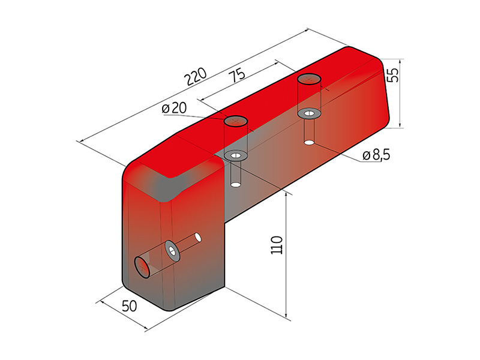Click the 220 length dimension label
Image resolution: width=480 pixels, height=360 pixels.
coord(197,77)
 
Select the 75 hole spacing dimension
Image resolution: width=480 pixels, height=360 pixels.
coord(237,75)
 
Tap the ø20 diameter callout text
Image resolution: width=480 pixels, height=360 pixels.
coord(174,108)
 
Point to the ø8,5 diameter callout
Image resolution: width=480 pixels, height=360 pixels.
coord(376,155)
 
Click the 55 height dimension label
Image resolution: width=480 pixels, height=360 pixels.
coord(393,74)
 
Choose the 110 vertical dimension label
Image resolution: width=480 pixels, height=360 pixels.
coord(277,245)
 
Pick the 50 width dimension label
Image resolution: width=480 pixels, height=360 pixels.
coord(130,305)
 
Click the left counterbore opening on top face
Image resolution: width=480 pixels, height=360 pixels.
coord(236,121)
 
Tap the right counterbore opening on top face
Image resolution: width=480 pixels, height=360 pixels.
coord(309,79)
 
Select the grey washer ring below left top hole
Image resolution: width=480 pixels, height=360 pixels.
coord(236,155)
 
